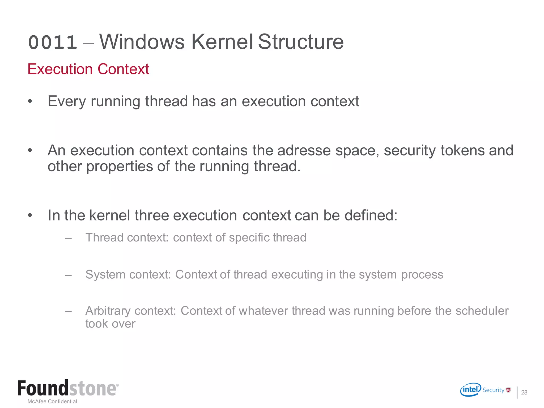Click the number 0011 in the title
pyautogui.click(x=53, y=42)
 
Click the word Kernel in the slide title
pyautogui.click(x=222, y=42)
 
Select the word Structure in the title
pyautogui.click(x=301, y=42)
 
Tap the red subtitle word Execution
pyautogui.click(x=60, y=69)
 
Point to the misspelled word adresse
pyautogui.click(x=304, y=150)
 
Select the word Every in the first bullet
pyautogui.click(x=67, y=101)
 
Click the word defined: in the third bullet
pyautogui.click(x=371, y=215)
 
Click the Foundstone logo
pyautogui.click(x=68, y=388)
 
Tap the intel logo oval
pyautogui.click(x=470, y=390)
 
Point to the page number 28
pyautogui.click(x=524, y=392)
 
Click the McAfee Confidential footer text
pyautogui.click(x=52, y=401)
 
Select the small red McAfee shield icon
pyautogui.click(x=508, y=390)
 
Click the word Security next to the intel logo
pyautogui.click(x=493, y=390)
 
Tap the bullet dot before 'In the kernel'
pyautogui.click(x=30, y=215)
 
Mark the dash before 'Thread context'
pyautogui.click(x=68, y=238)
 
